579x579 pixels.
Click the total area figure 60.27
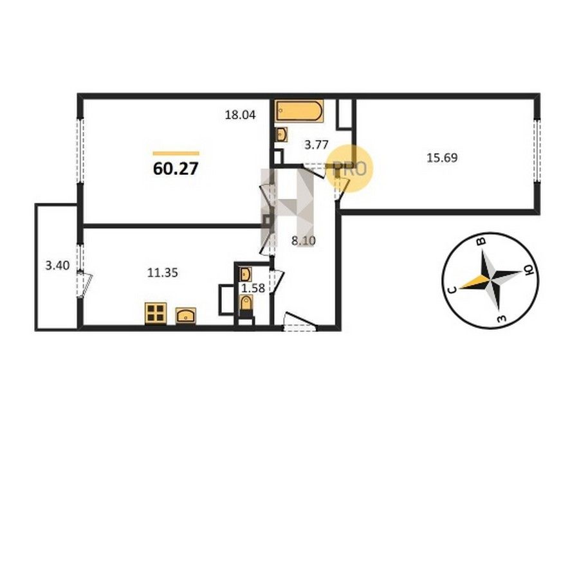[x=176, y=169]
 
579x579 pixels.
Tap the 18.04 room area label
[x=241, y=115]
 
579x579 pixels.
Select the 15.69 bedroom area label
[x=442, y=158]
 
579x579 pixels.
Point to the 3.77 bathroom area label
[x=317, y=145]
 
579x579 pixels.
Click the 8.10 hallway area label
[x=304, y=241]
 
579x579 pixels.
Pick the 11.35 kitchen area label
[x=163, y=273]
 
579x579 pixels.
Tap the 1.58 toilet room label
[x=253, y=288]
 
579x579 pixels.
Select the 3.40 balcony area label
[x=57, y=265]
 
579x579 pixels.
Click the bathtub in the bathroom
[x=299, y=111]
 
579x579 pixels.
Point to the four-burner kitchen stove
[x=156, y=313]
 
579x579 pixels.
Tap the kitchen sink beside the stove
[x=186, y=316]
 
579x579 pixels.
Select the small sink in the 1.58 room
[x=246, y=274]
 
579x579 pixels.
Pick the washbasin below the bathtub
[x=282, y=134]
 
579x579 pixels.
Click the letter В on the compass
[x=481, y=242]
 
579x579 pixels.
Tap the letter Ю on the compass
[x=529, y=271]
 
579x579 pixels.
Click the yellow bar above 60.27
[x=176, y=153]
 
